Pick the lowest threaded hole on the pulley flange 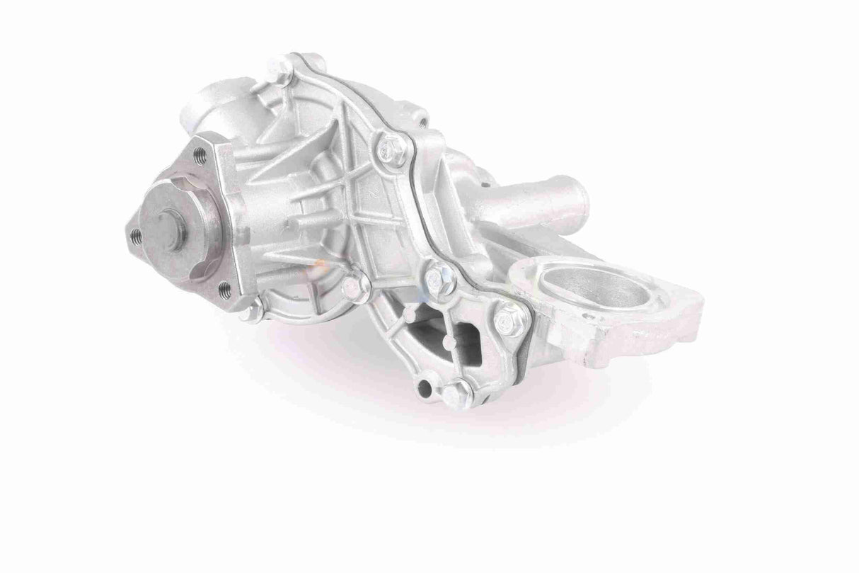(224, 286)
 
